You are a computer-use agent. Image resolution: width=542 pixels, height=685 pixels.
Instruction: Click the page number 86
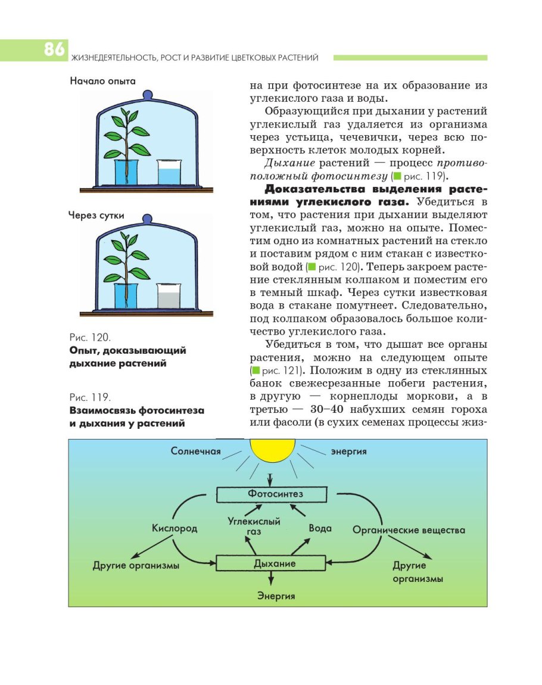(x=54, y=50)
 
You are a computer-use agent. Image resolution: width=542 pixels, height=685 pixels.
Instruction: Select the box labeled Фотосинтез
(x=272, y=494)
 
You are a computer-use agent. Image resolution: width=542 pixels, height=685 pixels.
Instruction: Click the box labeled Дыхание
(x=271, y=563)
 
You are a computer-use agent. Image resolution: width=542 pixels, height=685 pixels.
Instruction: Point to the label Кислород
(x=175, y=529)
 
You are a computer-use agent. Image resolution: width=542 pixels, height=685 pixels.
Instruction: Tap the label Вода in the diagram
(x=320, y=528)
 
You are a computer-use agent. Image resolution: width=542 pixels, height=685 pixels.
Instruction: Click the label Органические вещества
(x=409, y=530)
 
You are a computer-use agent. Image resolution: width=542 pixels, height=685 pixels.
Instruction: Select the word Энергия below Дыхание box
(x=276, y=595)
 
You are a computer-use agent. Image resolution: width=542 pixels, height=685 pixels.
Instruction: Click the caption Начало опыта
(x=102, y=81)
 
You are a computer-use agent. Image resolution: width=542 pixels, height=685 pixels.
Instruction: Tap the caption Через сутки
(x=96, y=216)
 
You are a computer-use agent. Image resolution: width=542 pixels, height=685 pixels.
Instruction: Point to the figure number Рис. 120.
(x=90, y=337)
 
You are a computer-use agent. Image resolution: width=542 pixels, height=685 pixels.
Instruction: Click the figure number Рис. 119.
(x=90, y=397)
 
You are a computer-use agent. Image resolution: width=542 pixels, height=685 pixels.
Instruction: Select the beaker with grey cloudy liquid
(x=169, y=295)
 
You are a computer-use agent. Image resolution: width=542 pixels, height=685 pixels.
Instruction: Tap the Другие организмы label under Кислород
(x=136, y=566)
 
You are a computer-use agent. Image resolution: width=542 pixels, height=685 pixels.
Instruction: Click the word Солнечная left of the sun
(x=196, y=452)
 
